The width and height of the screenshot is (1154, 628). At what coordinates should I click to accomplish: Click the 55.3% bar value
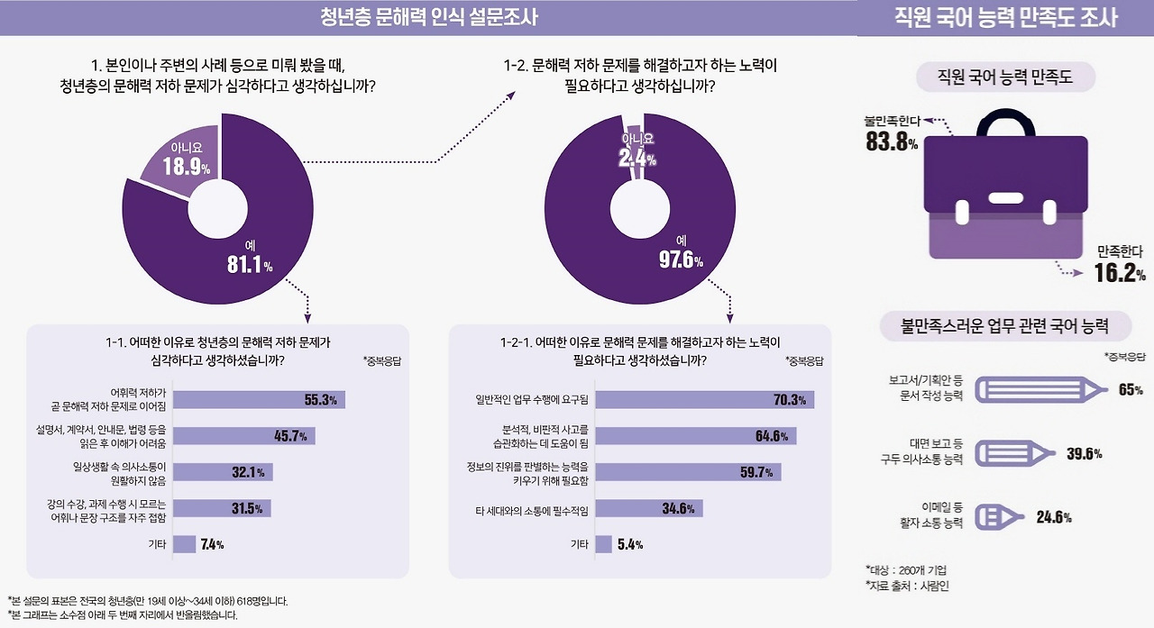(x=320, y=400)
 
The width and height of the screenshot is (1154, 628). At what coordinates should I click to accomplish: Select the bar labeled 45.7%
(x=243, y=436)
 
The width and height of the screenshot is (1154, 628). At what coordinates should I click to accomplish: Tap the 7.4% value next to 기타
(x=212, y=544)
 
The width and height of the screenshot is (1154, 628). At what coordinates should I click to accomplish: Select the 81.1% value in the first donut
(x=249, y=264)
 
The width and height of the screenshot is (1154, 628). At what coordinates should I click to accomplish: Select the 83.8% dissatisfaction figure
(x=891, y=141)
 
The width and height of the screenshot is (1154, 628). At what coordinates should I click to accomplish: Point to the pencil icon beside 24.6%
(x=1001, y=516)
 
